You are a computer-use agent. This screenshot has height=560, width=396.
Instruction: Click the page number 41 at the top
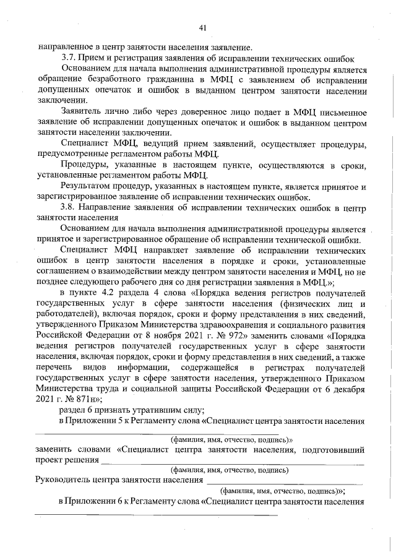pos(202,27)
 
